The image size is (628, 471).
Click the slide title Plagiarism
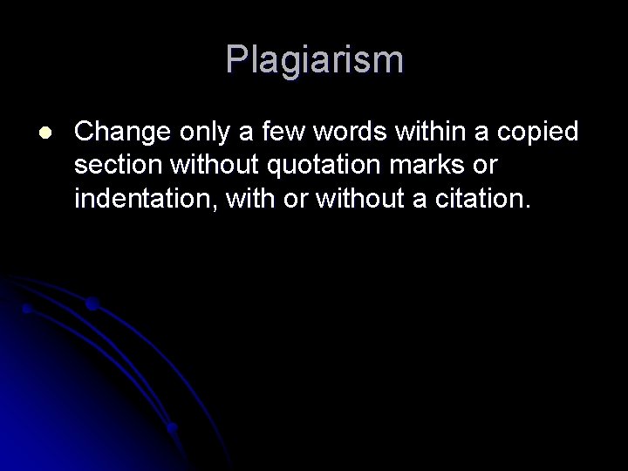(314, 60)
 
